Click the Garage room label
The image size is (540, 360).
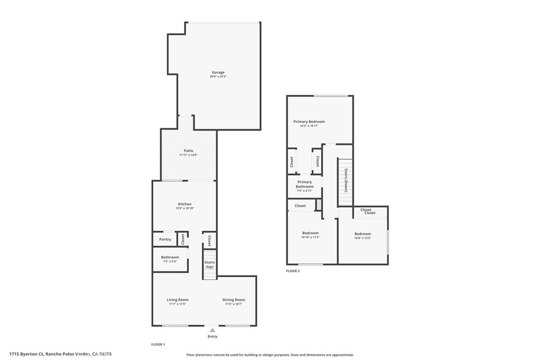point(218,72)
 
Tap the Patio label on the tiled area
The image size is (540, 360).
point(188,151)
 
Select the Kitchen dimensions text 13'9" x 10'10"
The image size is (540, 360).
point(185,208)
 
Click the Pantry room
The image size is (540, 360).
point(165,239)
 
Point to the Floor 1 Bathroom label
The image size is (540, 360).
point(170,257)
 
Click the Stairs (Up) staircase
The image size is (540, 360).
point(209,265)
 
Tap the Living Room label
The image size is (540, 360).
point(178,300)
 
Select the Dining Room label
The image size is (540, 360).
point(234,300)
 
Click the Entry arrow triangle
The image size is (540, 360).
point(212,330)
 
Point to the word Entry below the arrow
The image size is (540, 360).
point(212,336)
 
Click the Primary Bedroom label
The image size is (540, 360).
point(309,122)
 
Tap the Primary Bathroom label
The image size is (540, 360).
point(304,184)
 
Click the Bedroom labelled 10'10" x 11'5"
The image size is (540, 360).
point(310,233)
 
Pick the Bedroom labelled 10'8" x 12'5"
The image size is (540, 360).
point(362,234)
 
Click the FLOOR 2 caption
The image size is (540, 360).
point(293,271)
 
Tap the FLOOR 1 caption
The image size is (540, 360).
point(158,344)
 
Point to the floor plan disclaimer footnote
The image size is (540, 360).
point(269,355)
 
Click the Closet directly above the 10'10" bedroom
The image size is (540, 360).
point(300,206)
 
